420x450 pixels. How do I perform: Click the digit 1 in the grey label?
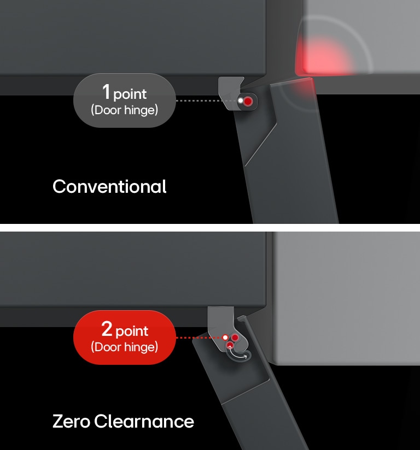(x=106, y=92)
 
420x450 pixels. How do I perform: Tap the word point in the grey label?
(x=130, y=94)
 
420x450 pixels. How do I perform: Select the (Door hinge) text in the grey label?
(x=125, y=110)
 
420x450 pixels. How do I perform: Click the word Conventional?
(x=109, y=187)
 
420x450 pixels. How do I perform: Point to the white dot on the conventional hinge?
(x=241, y=100)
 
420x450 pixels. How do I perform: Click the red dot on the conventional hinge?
(x=248, y=101)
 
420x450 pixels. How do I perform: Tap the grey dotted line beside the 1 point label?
(x=206, y=100)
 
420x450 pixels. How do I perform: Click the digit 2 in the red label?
(x=107, y=329)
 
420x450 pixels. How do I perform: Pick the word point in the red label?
(x=132, y=331)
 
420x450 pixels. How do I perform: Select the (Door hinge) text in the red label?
(x=125, y=347)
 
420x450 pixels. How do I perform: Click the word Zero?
(x=71, y=421)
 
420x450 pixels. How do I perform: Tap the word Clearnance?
(x=144, y=421)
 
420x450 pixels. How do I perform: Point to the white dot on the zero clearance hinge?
(x=225, y=337)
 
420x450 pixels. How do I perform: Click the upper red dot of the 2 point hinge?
(x=235, y=337)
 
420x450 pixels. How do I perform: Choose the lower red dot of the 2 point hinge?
(x=230, y=345)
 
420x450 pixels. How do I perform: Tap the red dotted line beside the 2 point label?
(x=199, y=338)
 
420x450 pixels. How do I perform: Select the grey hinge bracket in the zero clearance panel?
(x=221, y=324)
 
